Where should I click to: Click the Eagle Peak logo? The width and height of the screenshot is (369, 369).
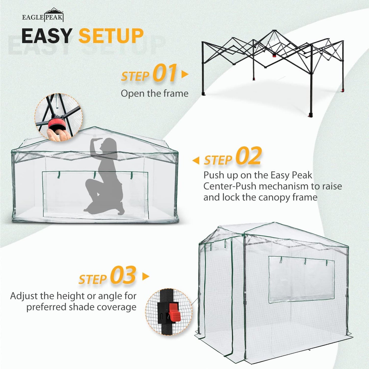[x=43, y=15]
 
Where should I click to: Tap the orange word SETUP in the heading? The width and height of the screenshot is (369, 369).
[x=111, y=36]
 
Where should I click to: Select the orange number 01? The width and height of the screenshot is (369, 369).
[x=165, y=73]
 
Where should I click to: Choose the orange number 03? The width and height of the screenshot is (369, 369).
[x=123, y=276]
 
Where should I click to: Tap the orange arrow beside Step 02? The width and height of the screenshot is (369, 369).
[x=196, y=161]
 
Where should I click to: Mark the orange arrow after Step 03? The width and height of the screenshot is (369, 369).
[x=146, y=276]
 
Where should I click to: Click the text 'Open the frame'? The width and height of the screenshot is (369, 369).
[x=154, y=93]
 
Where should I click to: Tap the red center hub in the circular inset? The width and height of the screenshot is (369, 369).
[x=57, y=124]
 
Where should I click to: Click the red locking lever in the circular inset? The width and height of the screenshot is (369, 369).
[x=175, y=313]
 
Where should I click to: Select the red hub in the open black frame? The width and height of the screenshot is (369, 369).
[x=274, y=55]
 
